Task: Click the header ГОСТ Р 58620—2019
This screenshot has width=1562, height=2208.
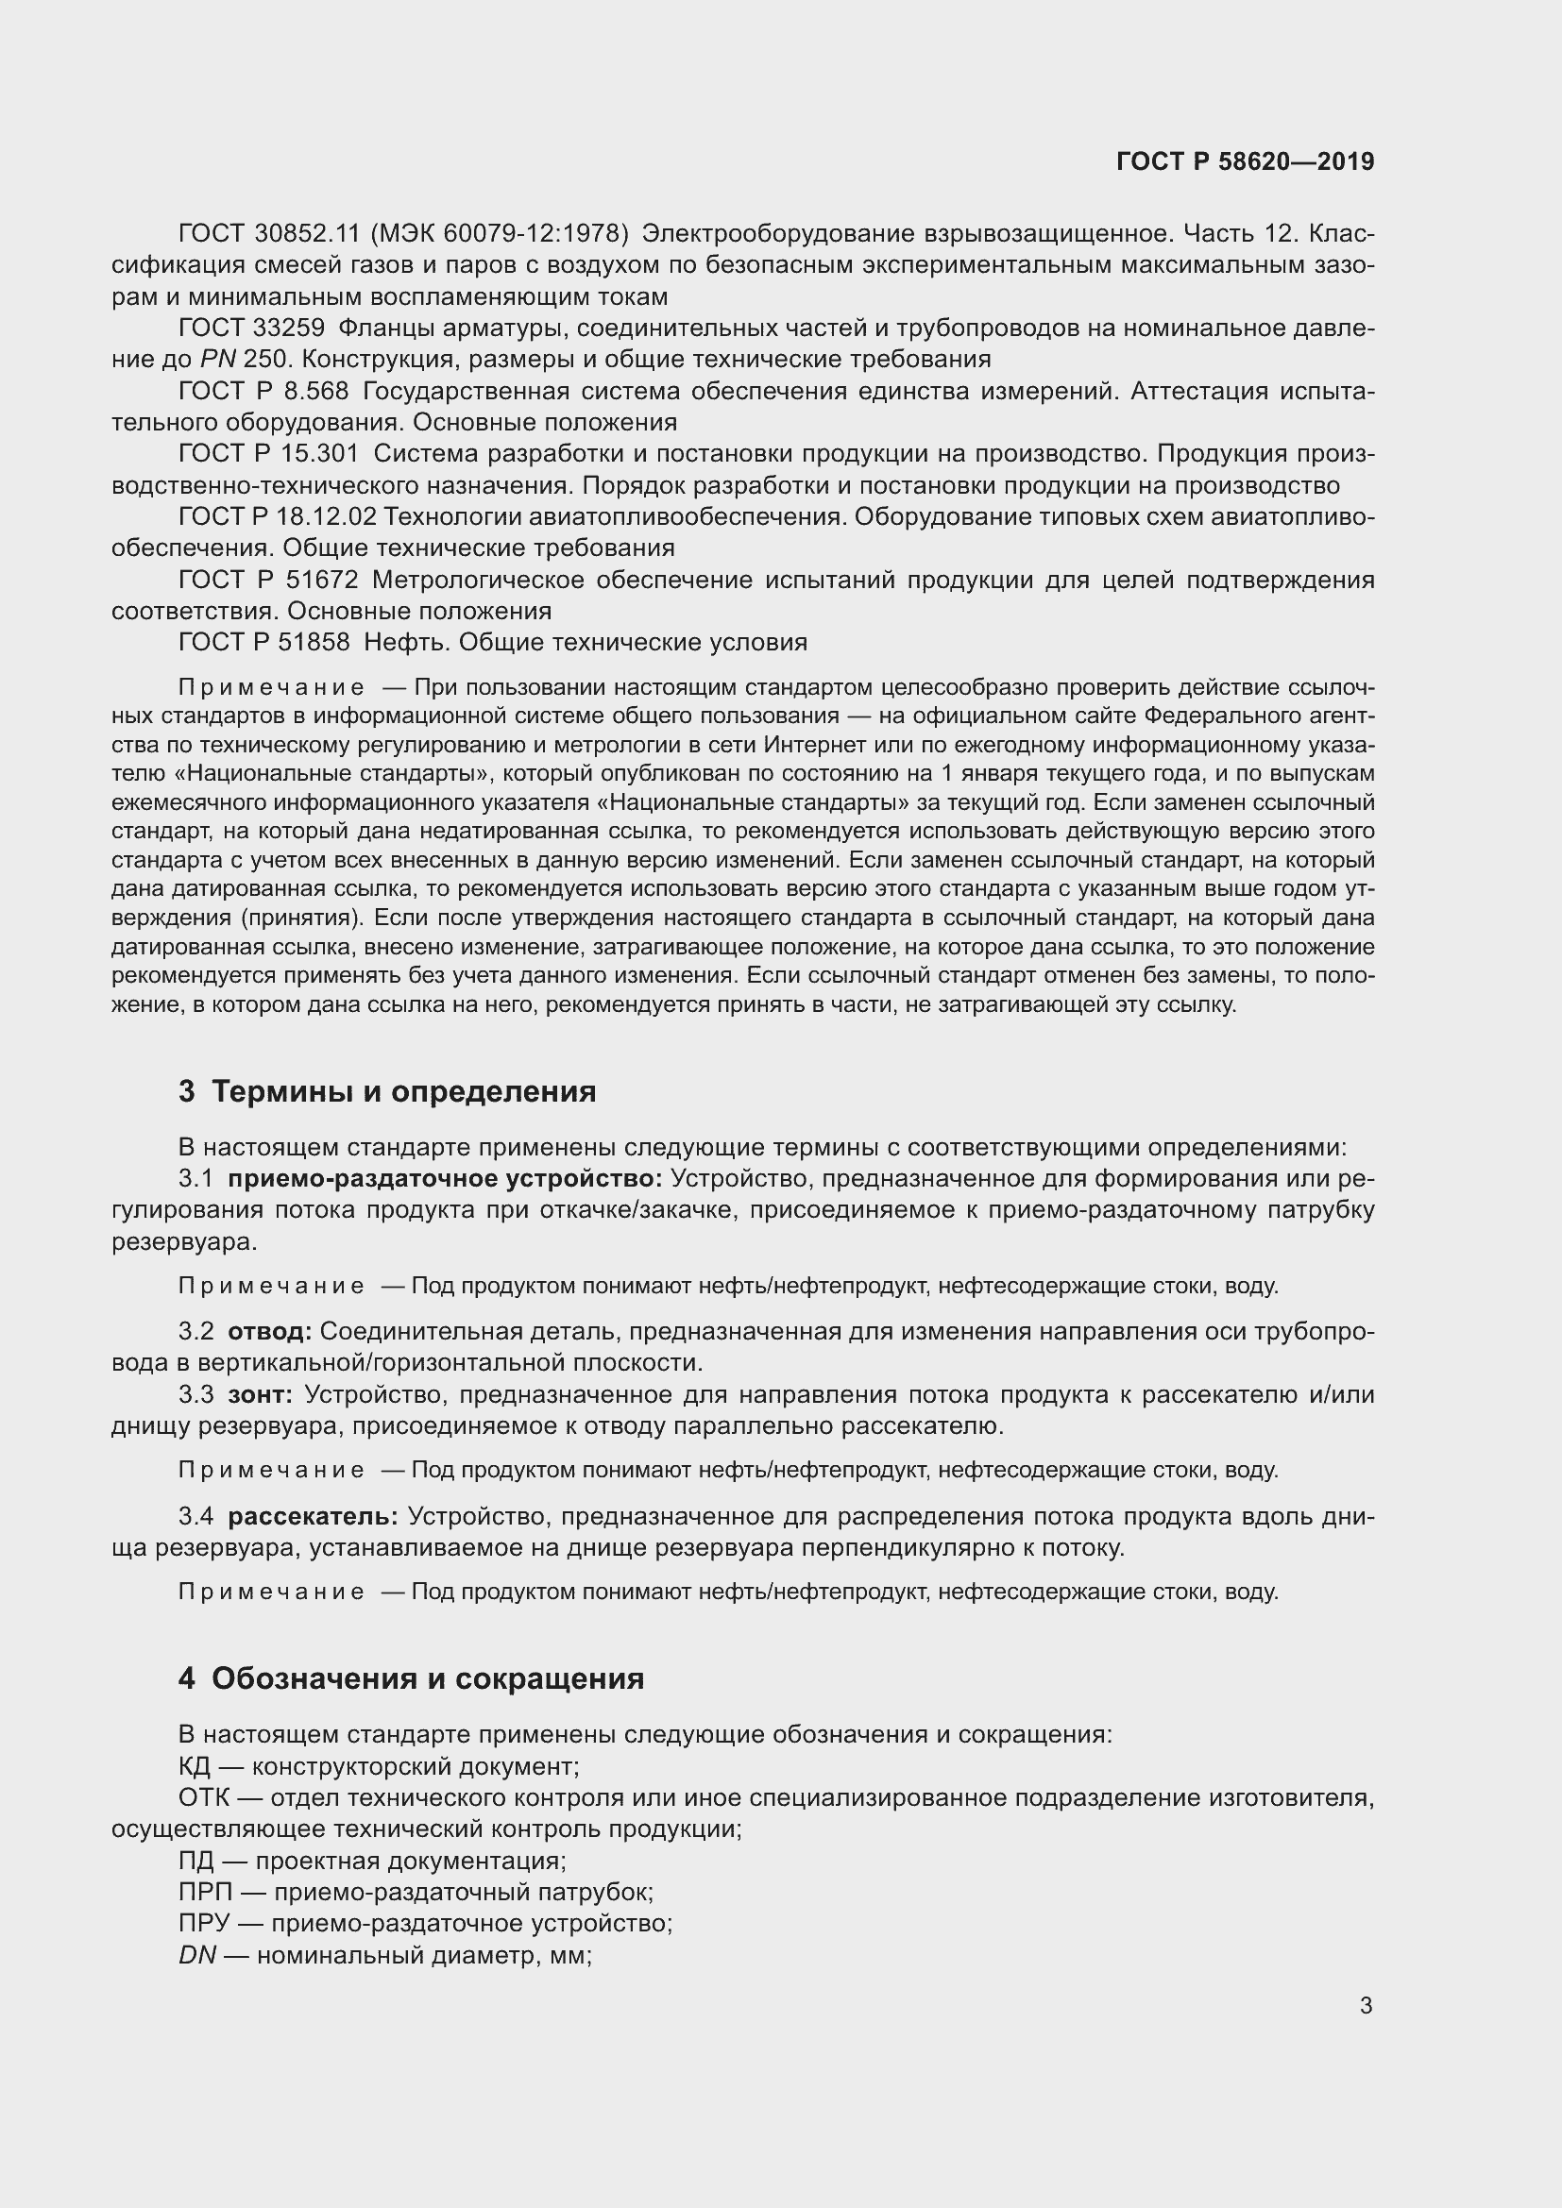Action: pos(1245,161)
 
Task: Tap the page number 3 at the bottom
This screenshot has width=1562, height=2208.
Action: pos(1366,2006)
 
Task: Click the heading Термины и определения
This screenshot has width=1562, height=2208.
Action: pos(403,1091)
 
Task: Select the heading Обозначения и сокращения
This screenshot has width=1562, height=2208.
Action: pos(427,1678)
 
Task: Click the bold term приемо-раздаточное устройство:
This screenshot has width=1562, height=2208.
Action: pos(446,1179)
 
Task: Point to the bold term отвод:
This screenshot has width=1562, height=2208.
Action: pos(269,1332)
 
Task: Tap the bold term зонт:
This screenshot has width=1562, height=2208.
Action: pos(260,1394)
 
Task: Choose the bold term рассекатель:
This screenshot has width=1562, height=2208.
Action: pos(313,1517)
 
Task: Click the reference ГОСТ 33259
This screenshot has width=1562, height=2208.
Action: pos(252,329)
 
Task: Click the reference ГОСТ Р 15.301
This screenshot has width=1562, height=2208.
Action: pos(268,454)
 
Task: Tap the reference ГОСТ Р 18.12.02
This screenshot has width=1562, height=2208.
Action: pos(277,517)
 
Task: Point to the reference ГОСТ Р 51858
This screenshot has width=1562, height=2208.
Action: pos(263,643)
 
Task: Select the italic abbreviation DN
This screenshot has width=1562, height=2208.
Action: pos(197,1956)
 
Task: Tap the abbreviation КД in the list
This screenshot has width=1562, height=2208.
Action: pos(197,1766)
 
